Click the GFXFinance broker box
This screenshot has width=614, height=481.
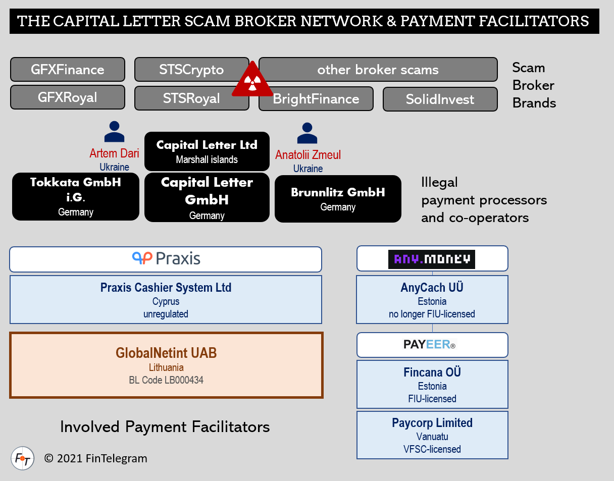[x=67, y=69]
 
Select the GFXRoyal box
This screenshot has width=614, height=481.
[x=67, y=97]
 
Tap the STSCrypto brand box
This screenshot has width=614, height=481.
[x=191, y=69]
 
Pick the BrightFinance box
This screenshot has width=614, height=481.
[x=316, y=99]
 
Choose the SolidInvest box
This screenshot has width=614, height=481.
[x=440, y=99]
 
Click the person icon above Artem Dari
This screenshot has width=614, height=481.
[x=114, y=132]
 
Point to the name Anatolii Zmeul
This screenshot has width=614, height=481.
[x=308, y=155]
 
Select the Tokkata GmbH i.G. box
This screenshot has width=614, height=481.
[x=75, y=196]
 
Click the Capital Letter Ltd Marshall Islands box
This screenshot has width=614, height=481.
[x=207, y=151]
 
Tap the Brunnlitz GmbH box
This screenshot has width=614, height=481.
[x=338, y=198]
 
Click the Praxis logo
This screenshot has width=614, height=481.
[x=166, y=259]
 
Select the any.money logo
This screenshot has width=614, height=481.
[x=432, y=259]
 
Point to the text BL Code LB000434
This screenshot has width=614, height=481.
[x=166, y=380]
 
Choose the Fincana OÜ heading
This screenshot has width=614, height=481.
[x=432, y=372]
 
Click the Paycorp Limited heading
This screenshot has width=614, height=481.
[x=432, y=423]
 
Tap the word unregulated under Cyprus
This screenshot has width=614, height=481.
[x=166, y=314]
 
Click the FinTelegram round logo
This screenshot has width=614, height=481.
[x=23, y=458]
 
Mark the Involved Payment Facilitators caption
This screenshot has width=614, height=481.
[x=165, y=427]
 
